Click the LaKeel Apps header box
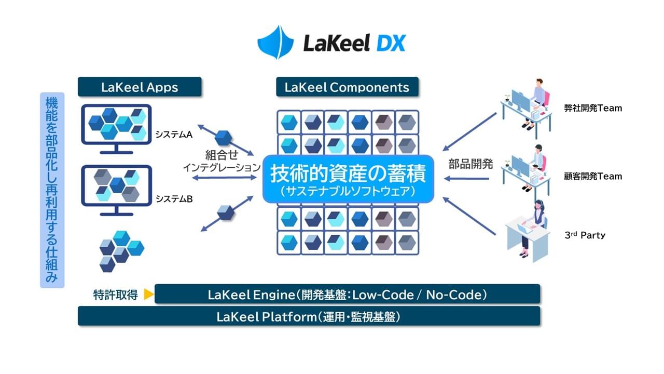click(140, 87)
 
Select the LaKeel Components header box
click(347, 87)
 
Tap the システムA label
click(174, 135)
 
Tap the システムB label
click(174, 198)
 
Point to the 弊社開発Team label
click(593, 109)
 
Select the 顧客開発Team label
click(593, 176)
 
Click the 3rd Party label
click(585, 235)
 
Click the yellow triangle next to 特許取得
click(148, 295)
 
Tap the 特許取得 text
click(115, 295)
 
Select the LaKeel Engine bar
click(347, 295)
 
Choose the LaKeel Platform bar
click(309, 316)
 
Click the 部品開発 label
click(470, 165)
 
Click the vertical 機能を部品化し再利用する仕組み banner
click(52, 190)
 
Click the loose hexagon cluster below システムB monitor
click(121, 250)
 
